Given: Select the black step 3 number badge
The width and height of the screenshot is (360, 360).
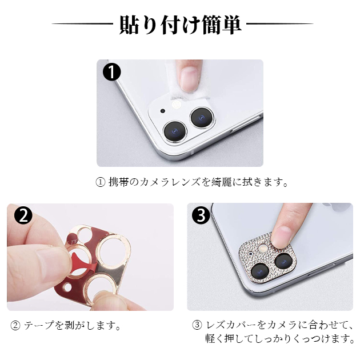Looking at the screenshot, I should click(201, 216).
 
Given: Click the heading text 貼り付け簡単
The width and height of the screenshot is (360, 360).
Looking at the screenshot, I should click(180, 25).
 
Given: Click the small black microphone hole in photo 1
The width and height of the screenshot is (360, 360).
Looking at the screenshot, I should click(162, 111).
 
